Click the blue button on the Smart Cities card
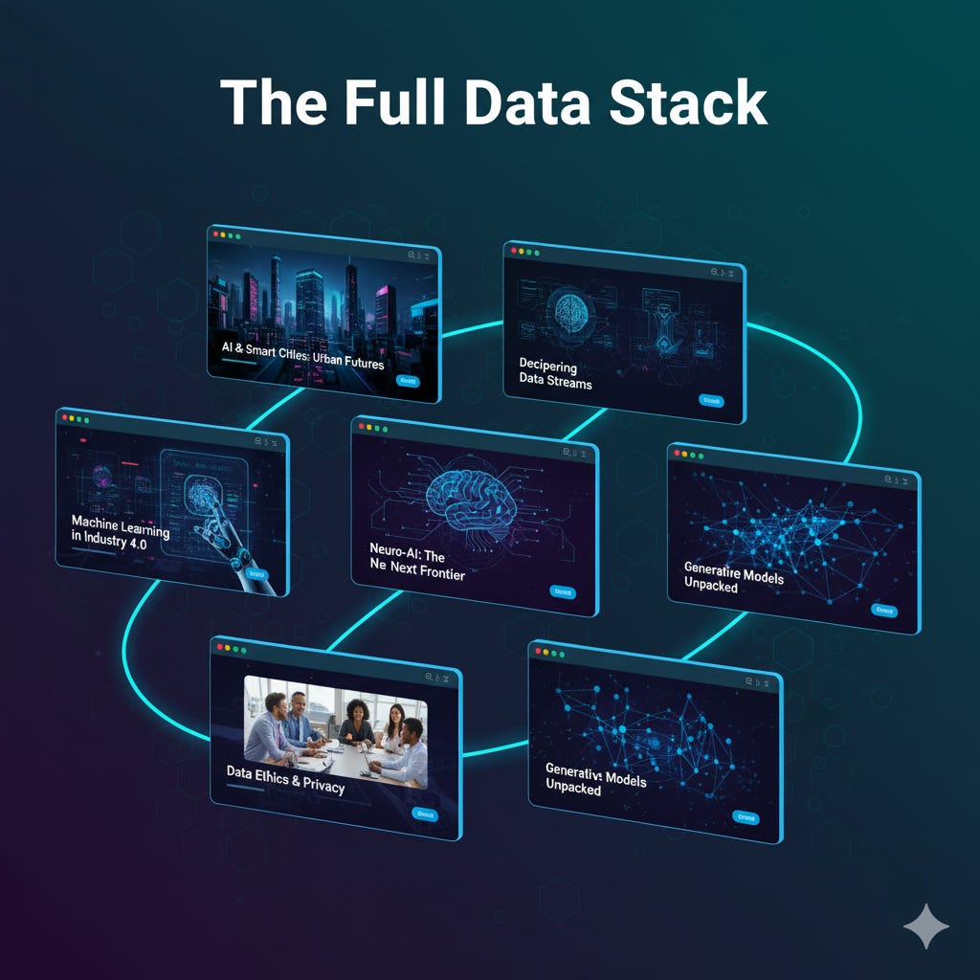[x=408, y=381]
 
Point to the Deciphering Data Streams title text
[x=555, y=373]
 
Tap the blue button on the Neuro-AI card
[x=564, y=591]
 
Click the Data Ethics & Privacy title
[x=285, y=779]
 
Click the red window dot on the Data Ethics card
[x=221, y=648]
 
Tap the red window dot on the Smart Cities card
[x=216, y=234]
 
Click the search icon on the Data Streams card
[x=713, y=272]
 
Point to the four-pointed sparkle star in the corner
[x=925, y=925]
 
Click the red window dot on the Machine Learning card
[x=65, y=416]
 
